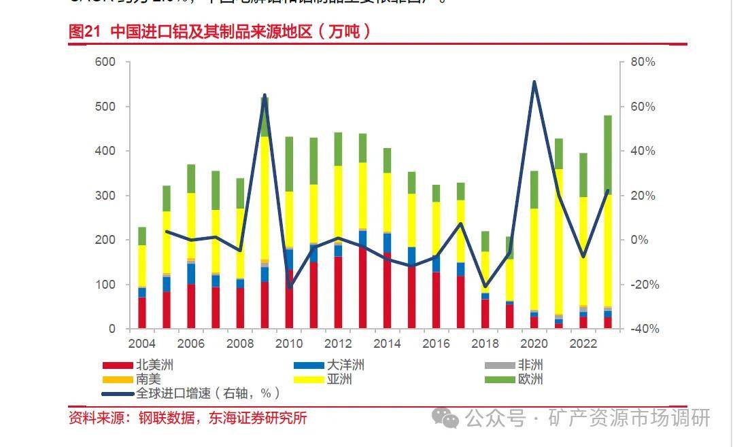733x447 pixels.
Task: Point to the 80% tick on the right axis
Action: point(642,62)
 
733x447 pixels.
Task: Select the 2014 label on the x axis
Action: point(387,343)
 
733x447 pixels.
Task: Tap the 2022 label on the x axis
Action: point(583,343)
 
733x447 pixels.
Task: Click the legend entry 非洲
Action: point(530,365)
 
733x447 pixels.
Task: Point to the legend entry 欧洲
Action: point(530,379)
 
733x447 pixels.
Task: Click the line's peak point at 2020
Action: point(534,82)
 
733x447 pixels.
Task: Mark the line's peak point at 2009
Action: point(265,95)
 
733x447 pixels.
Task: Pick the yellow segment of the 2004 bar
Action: point(142,266)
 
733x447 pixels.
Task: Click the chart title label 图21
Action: point(84,31)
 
